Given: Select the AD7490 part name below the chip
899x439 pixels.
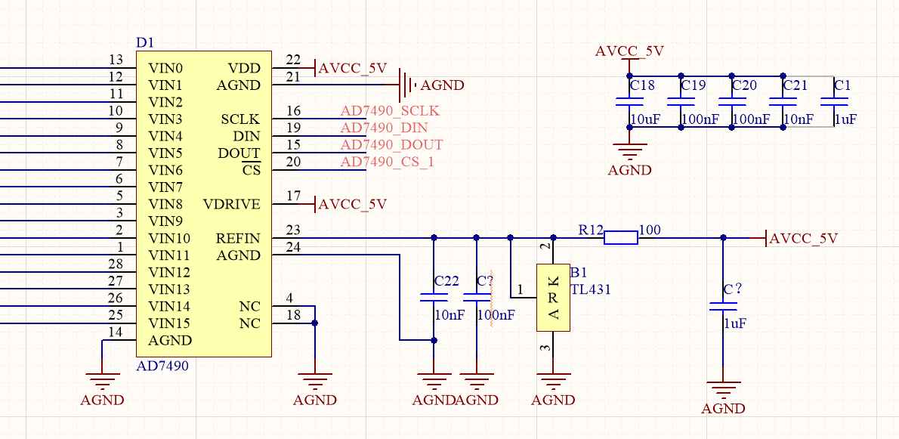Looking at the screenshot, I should (x=162, y=366).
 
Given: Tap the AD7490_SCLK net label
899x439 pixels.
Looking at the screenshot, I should (x=389, y=111).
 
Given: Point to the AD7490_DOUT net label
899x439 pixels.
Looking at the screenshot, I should (x=391, y=145).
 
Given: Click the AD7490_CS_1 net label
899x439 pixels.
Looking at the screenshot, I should (x=387, y=162).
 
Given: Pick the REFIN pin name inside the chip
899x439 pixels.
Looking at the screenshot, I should (x=238, y=239).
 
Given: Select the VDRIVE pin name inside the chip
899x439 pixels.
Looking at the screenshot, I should (x=231, y=205).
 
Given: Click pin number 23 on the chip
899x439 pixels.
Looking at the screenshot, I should (x=293, y=230).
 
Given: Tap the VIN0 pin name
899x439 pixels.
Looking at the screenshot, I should (x=165, y=68).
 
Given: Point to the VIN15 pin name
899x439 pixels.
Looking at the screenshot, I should (x=169, y=323).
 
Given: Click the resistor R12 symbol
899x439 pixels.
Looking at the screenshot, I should (x=620, y=238).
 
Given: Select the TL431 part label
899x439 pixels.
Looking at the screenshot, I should (x=590, y=289).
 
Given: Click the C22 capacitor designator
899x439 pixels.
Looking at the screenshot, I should (x=446, y=281).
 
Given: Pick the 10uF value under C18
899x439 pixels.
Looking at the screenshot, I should (x=646, y=119).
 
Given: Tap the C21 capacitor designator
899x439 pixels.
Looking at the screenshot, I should (x=796, y=85).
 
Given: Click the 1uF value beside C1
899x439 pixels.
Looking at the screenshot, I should (x=845, y=119).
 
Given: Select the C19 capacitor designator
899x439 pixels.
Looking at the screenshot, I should (x=693, y=85).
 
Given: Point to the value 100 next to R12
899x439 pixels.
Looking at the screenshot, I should (x=649, y=229).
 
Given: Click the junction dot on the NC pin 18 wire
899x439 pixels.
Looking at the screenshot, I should (x=314, y=323).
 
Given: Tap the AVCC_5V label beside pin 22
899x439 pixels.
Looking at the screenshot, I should (x=353, y=68).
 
